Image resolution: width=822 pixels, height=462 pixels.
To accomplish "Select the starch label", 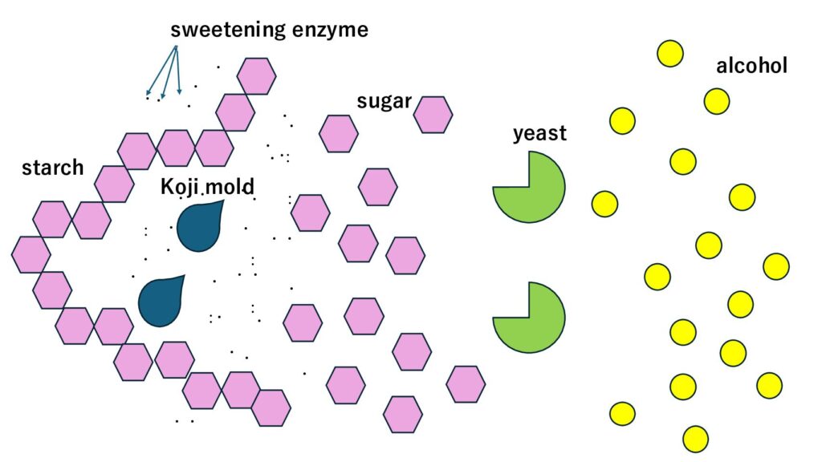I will (x=52, y=168).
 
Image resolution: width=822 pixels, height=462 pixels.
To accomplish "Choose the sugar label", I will (x=384, y=102).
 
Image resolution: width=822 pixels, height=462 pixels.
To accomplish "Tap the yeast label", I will (x=539, y=133).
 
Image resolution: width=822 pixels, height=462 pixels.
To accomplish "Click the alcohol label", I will (x=751, y=66).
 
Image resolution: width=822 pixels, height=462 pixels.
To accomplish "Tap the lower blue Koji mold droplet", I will (x=161, y=302).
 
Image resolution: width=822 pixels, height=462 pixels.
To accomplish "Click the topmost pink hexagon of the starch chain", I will (x=257, y=76).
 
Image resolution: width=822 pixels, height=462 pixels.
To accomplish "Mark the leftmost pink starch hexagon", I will (x=31, y=254).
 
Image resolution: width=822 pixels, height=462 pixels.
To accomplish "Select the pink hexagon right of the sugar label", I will (x=433, y=115).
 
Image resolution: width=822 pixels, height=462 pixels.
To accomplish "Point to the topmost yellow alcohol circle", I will (x=670, y=54).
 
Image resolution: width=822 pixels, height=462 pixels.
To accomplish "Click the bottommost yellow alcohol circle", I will (x=695, y=439).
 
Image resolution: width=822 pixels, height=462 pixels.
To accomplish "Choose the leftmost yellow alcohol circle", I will (x=604, y=204).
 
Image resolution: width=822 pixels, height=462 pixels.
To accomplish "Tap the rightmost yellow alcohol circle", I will (x=776, y=266).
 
